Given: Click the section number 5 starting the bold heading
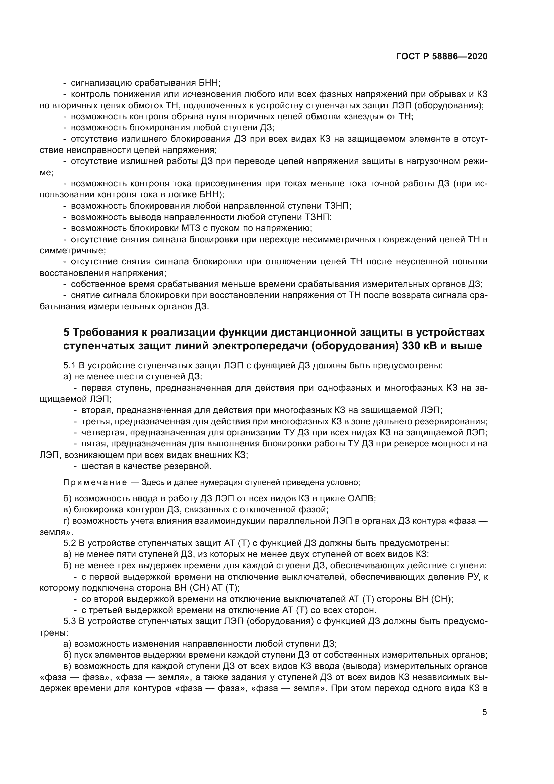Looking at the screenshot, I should [66, 332].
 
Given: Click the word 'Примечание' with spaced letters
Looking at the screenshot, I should [95, 482].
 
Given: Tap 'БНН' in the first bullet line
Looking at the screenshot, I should [209, 83].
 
